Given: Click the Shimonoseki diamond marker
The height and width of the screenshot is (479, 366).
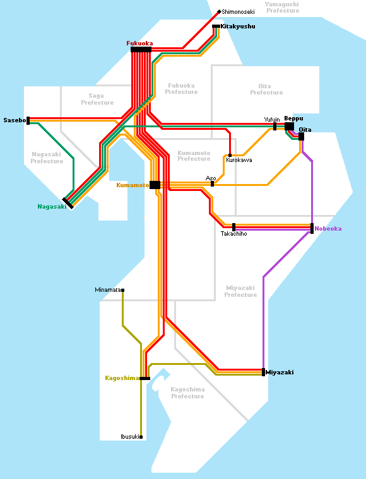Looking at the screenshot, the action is pyautogui.click(x=219, y=12).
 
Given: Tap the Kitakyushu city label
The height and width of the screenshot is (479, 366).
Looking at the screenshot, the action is pyautogui.click(x=238, y=26).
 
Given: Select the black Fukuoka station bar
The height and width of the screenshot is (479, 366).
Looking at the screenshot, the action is pyautogui.click(x=141, y=50).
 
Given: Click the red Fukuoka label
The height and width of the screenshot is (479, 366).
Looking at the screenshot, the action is pyautogui.click(x=139, y=43).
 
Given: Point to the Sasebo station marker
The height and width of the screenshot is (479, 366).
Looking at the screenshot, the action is pyautogui.click(x=28, y=120).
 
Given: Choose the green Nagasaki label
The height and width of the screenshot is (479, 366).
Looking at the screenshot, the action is pyautogui.click(x=52, y=207).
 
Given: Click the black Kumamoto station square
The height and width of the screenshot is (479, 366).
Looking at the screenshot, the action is pyautogui.click(x=155, y=185).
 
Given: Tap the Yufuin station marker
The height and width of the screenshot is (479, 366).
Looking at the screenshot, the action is pyautogui.click(x=275, y=127).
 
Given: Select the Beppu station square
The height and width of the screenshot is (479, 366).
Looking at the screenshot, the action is pyautogui.click(x=289, y=127).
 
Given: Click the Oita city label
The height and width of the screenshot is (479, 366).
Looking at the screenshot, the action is pyautogui.click(x=305, y=130).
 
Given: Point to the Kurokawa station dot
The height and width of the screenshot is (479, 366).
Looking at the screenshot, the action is pyautogui.click(x=230, y=155).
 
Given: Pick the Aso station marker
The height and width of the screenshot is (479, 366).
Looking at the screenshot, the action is pyautogui.click(x=212, y=183).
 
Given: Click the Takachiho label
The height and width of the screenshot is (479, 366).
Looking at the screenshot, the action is pyautogui.click(x=234, y=234).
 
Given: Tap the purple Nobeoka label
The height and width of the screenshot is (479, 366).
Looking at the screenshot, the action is pyautogui.click(x=328, y=229).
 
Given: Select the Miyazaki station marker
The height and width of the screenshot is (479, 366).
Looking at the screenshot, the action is pyautogui.click(x=264, y=372).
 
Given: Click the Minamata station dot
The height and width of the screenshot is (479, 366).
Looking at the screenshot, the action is pyautogui.click(x=122, y=290).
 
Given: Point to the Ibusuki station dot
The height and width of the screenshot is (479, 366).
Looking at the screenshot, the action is pyautogui.click(x=141, y=437).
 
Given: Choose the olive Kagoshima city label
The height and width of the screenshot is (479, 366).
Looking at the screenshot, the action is pyautogui.click(x=122, y=378).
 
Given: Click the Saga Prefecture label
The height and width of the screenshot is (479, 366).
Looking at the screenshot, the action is pyautogui.click(x=97, y=100).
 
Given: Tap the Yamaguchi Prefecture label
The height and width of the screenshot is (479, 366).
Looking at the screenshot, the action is pyautogui.click(x=283, y=8).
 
